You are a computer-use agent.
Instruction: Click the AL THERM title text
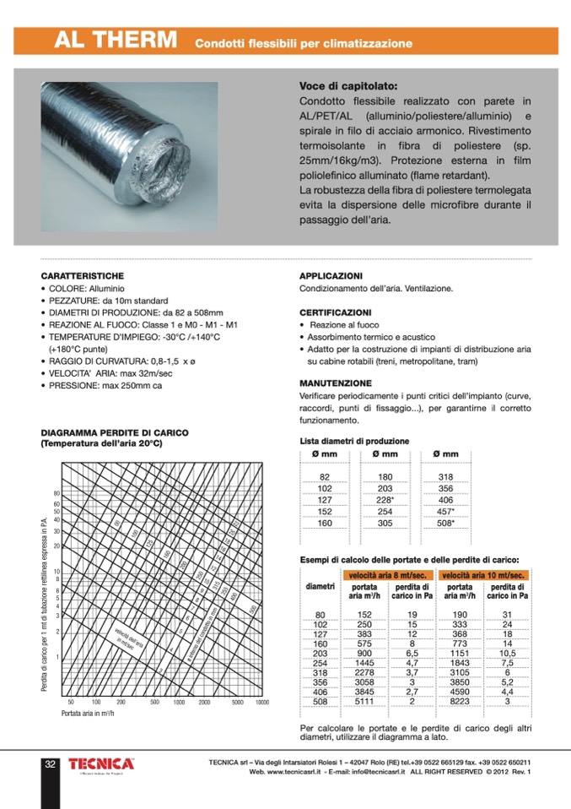click(x=116, y=41)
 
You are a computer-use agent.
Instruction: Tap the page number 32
click(x=51, y=764)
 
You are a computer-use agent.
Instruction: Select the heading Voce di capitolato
click(x=348, y=86)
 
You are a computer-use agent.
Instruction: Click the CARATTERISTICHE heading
click(x=83, y=276)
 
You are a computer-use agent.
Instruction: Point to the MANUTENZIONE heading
click(x=336, y=383)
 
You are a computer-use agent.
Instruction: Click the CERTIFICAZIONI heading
click(x=336, y=312)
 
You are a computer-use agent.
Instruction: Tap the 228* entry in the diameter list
click(x=385, y=499)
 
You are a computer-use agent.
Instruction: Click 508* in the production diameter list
click(x=446, y=524)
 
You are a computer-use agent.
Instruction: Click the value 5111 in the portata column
click(x=364, y=700)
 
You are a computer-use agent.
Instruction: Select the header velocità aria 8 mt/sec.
click(x=386, y=575)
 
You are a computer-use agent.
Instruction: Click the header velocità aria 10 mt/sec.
click(x=483, y=575)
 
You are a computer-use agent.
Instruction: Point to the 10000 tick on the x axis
click(x=261, y=702)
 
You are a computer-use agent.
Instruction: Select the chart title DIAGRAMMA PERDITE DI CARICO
click(x=115, y=432)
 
